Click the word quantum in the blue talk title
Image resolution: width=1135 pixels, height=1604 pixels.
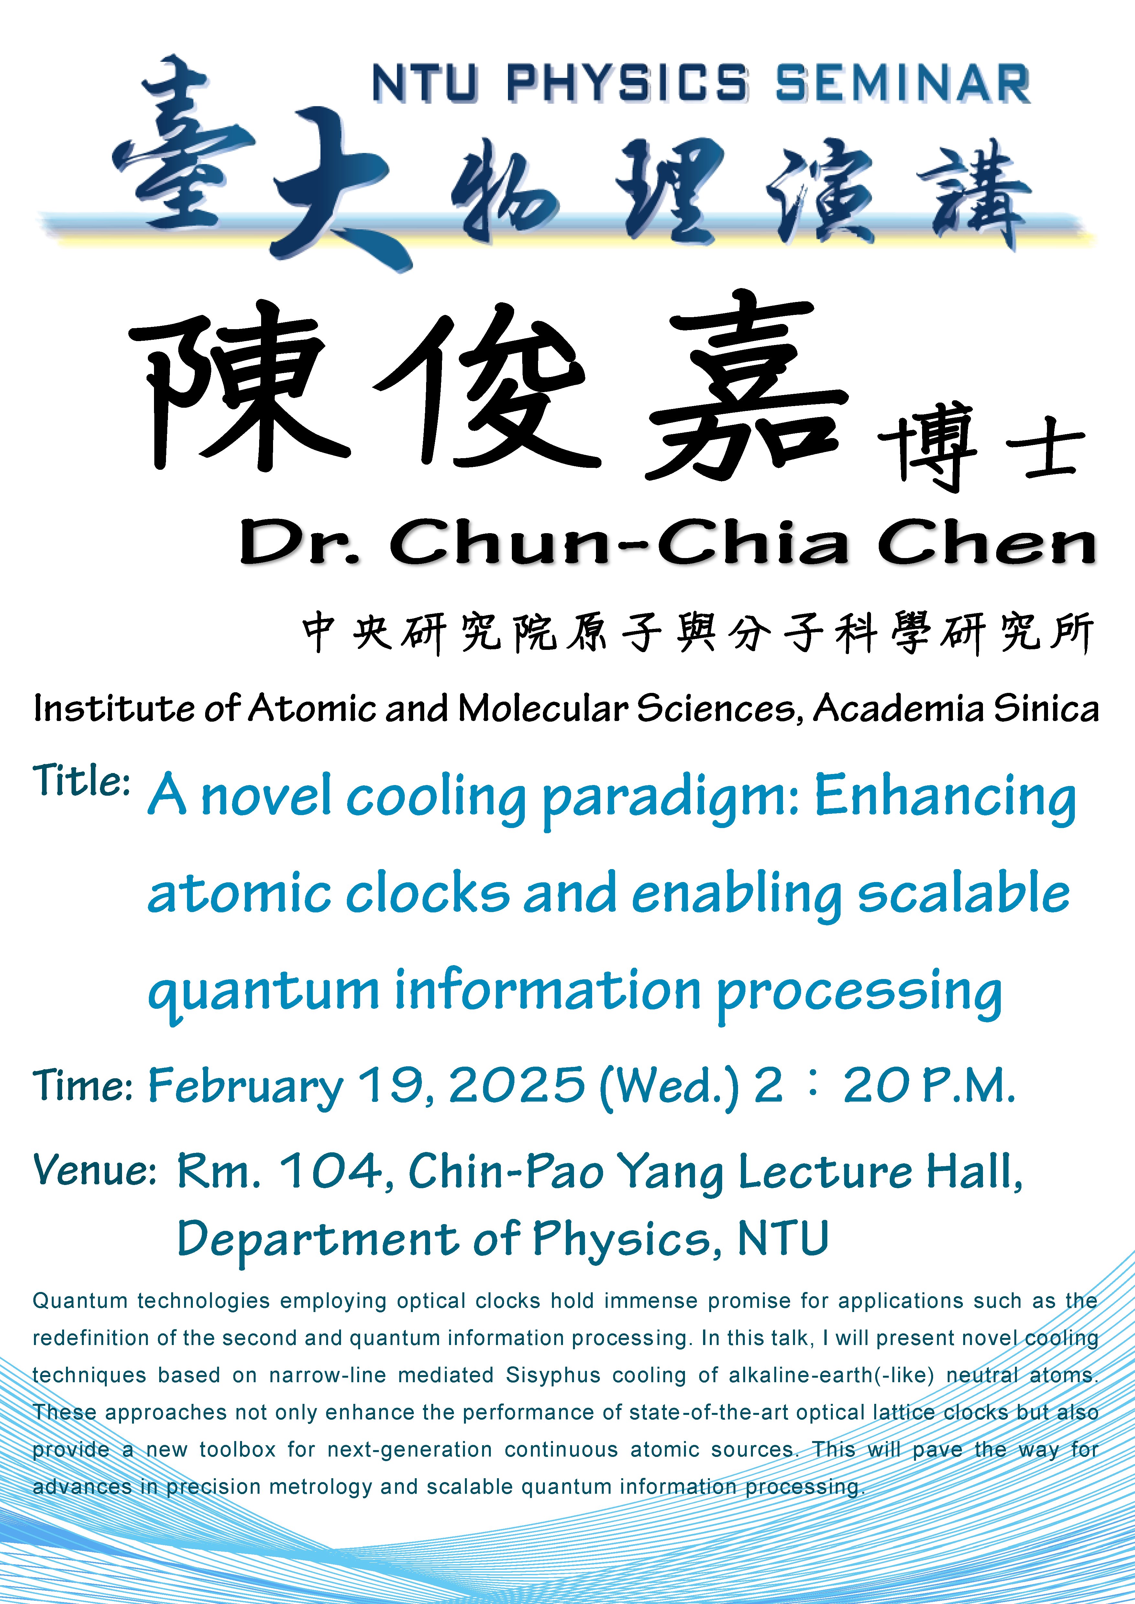(263, 993)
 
